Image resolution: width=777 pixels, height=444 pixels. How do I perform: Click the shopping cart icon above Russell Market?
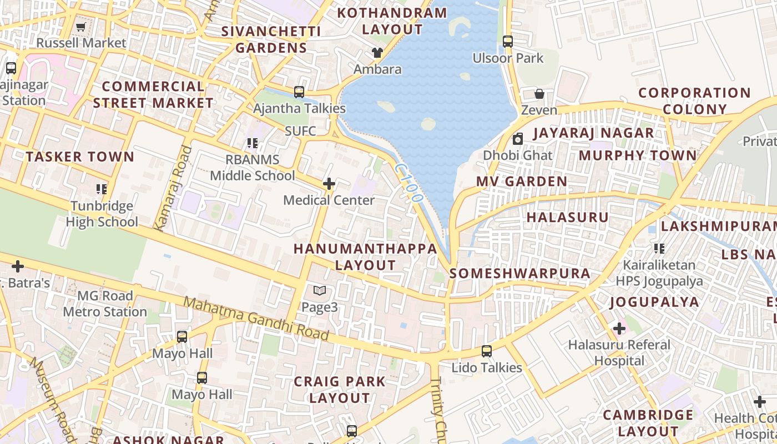[80, 27]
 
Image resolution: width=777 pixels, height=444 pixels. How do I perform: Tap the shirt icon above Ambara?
[377, 53]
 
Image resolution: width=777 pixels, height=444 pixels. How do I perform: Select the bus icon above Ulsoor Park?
[508, 41]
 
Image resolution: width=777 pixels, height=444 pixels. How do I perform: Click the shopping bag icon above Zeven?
[539, 93]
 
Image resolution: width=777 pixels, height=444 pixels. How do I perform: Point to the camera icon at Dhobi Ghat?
[518, 139]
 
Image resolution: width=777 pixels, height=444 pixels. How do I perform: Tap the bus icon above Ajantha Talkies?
[299, 92]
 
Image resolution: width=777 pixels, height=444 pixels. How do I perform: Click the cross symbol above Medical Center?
[329, 183]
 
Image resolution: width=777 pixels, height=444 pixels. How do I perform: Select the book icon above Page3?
[319, 290]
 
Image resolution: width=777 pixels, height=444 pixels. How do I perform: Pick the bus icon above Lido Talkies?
[487, 351]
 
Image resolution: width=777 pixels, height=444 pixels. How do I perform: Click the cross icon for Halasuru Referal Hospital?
[619, 329]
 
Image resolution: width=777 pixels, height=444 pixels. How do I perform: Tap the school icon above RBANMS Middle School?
[253, 143]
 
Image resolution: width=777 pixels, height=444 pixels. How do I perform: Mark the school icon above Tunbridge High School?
[101, 189]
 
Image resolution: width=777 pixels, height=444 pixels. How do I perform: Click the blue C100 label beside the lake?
[410, 182]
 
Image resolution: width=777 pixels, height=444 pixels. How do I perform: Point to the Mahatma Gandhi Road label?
[256, 319]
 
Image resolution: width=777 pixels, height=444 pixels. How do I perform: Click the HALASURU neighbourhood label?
[567, 217]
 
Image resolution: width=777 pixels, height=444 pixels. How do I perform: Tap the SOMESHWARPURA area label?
[520, 273]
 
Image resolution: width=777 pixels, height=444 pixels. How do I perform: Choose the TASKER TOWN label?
[80, 157]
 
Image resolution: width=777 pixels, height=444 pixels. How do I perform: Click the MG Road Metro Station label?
[105, 304]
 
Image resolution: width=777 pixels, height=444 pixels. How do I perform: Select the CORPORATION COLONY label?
[694, 100]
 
